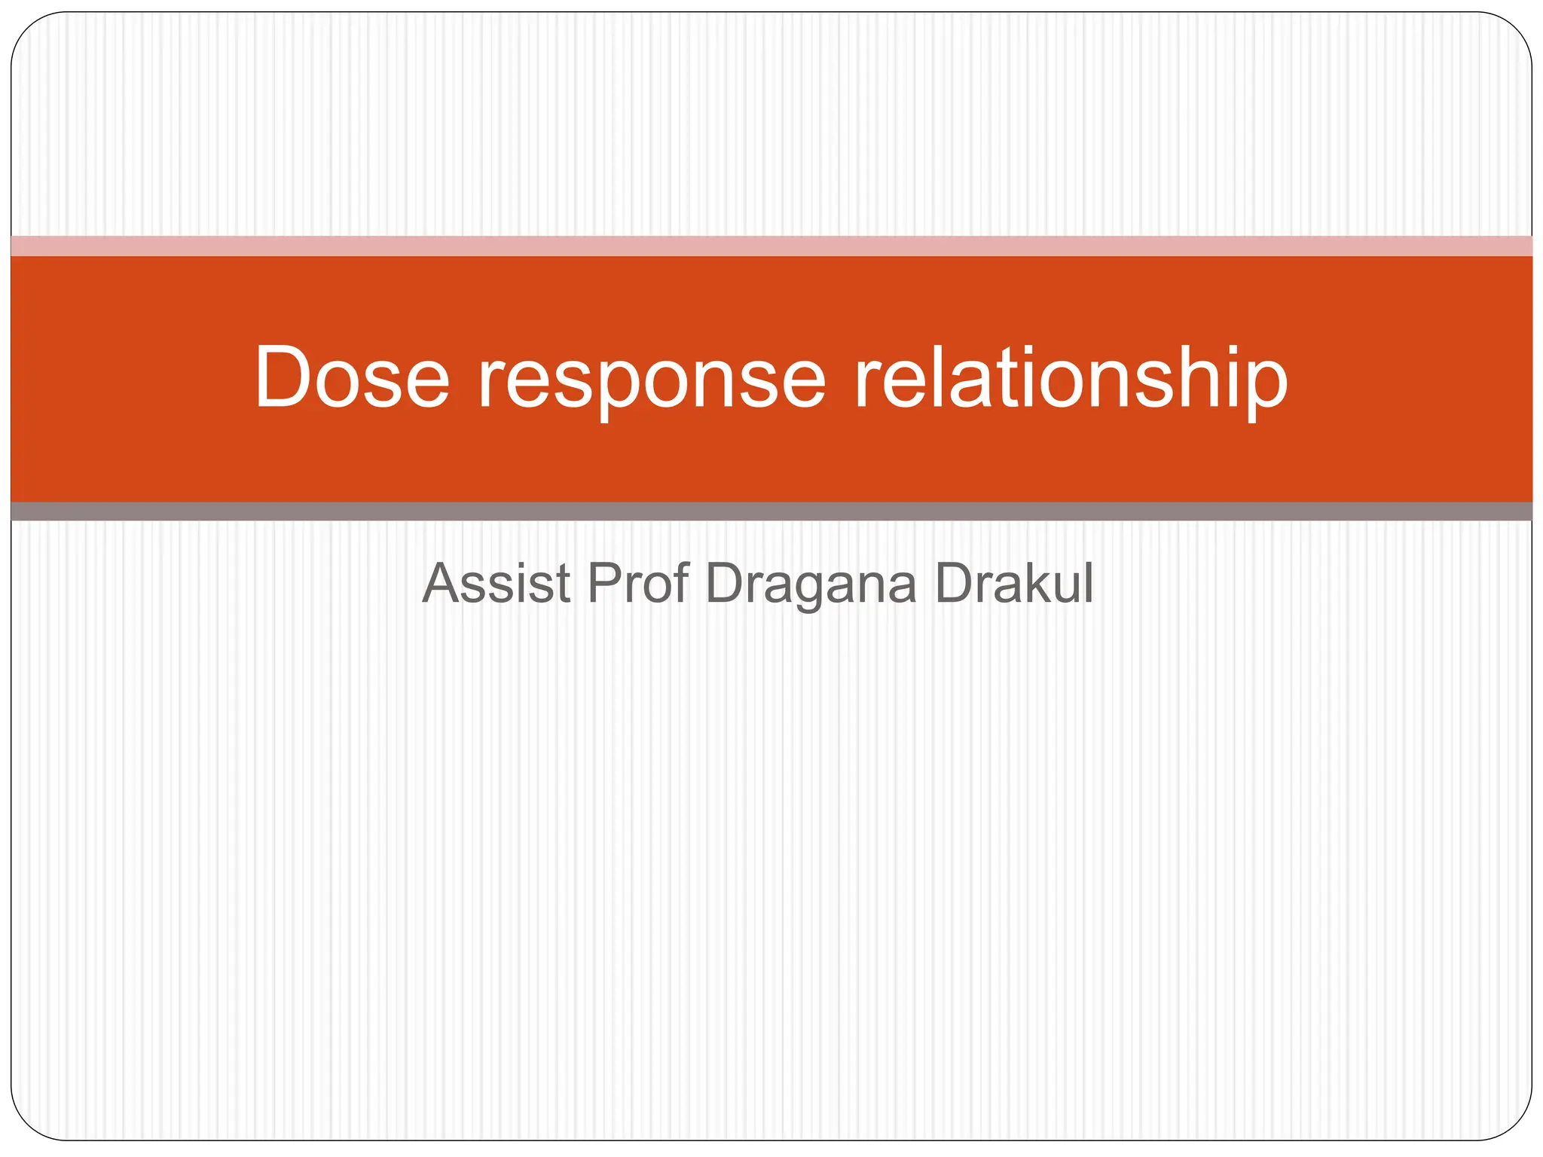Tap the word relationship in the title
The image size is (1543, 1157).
[1070, 380]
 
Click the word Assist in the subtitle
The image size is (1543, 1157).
[497, 584]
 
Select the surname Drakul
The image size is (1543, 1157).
[1013, 584]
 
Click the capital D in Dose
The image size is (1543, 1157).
[283, 377]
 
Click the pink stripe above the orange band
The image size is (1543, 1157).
[771, 246]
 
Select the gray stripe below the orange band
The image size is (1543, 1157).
[771, 511]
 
